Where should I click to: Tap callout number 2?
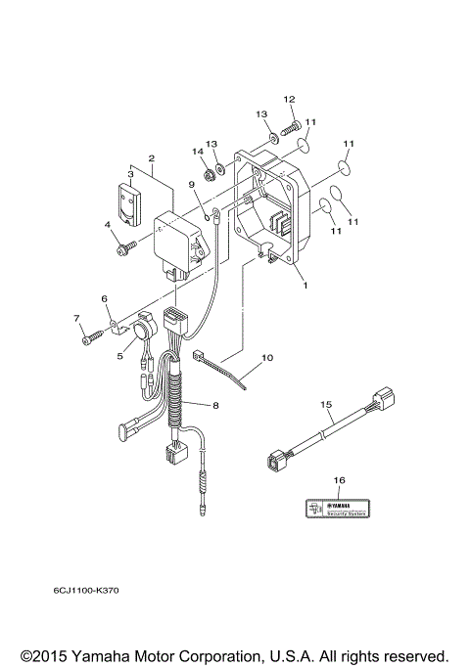(152, 157)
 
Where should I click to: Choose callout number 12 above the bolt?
(289, 99)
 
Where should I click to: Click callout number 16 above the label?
(339, 481)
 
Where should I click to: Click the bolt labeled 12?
(289, 126)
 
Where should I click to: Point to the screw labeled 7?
(90, 338)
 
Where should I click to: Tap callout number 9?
(192, 184)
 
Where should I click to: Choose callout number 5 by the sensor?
(120, 356)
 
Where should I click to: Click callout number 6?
(104, 299)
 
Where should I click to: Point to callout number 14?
(198, 151)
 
